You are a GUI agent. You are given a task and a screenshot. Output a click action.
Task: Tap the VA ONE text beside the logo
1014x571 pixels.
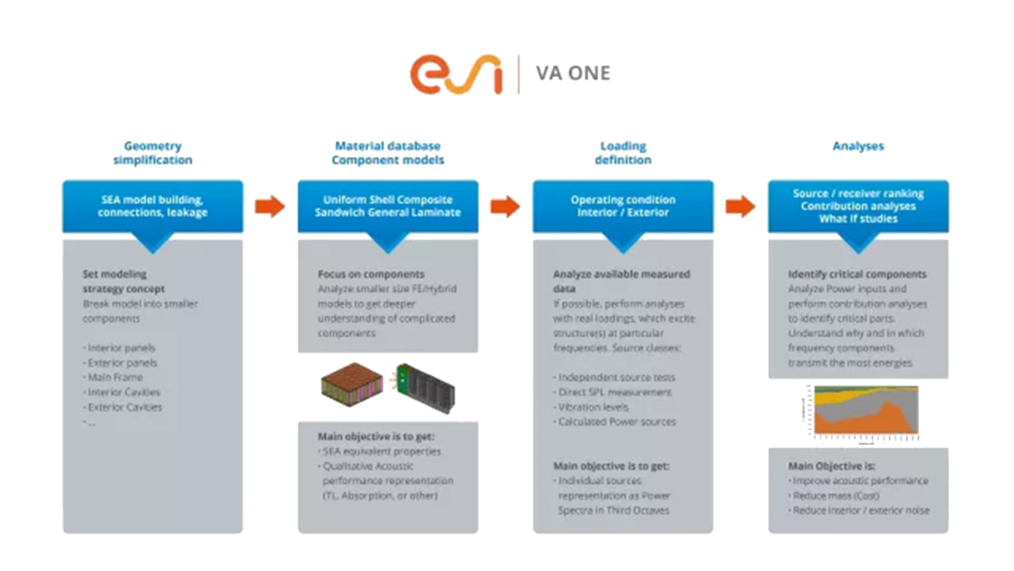[572, 73]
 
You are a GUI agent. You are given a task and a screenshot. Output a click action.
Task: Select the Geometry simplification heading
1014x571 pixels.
[152, 153]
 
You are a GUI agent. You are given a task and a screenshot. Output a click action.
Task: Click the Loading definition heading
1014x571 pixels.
[622, 153]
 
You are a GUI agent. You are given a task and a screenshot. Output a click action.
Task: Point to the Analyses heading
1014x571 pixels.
[857, 147]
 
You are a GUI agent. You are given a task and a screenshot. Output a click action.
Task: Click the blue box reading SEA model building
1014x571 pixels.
[152, 206]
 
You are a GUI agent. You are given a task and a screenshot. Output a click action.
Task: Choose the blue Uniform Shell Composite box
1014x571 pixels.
[387, 206]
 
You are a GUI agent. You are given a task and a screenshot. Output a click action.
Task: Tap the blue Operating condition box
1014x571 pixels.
[622, 206]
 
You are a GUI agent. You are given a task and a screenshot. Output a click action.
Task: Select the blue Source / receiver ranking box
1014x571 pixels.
[857, 206]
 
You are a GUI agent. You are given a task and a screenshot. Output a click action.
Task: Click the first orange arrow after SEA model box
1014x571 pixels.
[270, 207]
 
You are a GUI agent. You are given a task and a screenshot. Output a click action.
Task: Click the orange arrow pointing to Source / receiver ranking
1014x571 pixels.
[741, 207]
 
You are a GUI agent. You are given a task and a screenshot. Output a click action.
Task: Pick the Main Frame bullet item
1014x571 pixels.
[115, 378]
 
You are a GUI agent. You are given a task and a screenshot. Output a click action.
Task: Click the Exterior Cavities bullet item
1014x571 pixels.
[124, 407]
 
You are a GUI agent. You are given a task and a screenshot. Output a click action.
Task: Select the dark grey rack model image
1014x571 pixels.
[428, 384]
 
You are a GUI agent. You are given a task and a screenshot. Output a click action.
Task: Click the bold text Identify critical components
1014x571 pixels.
[856, 274]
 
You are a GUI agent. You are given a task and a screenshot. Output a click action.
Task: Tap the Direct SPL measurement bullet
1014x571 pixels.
[614, 393]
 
